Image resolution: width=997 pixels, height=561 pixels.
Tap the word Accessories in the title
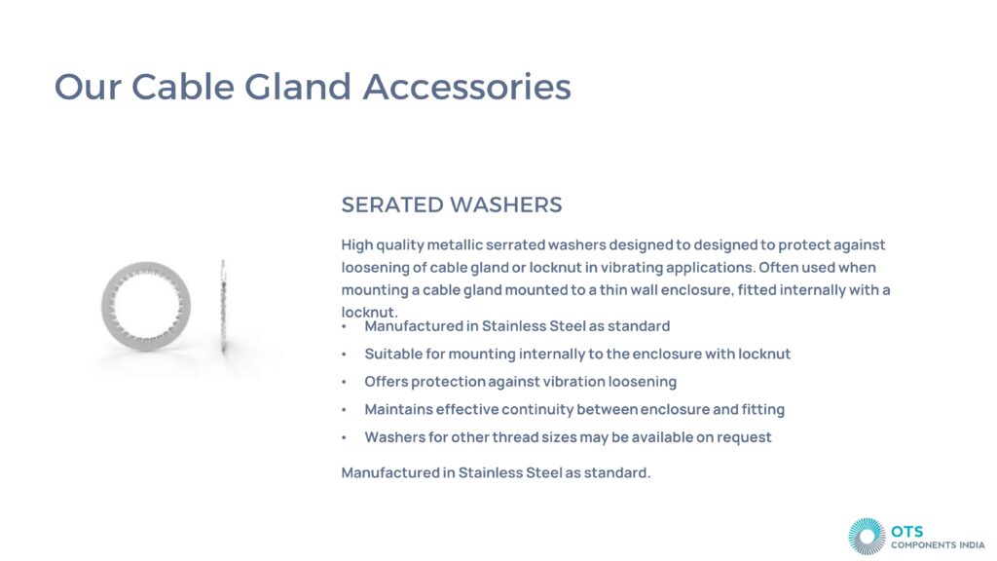466,87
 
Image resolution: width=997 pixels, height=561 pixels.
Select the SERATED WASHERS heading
452,205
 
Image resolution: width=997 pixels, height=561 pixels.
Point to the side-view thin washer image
223,306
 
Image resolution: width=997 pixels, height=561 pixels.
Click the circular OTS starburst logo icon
867,537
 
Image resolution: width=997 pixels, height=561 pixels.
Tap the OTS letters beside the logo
906,531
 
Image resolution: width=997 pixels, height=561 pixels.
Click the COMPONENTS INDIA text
938,545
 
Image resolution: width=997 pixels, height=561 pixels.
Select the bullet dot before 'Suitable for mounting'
344,355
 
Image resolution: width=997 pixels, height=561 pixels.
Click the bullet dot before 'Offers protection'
344,382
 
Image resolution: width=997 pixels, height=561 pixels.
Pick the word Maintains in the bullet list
398,409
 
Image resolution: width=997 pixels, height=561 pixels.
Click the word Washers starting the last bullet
393,437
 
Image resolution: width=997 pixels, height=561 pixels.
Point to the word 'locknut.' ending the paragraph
369,313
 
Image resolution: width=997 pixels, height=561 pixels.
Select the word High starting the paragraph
356,244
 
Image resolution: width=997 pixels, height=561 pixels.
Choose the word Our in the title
88,87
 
